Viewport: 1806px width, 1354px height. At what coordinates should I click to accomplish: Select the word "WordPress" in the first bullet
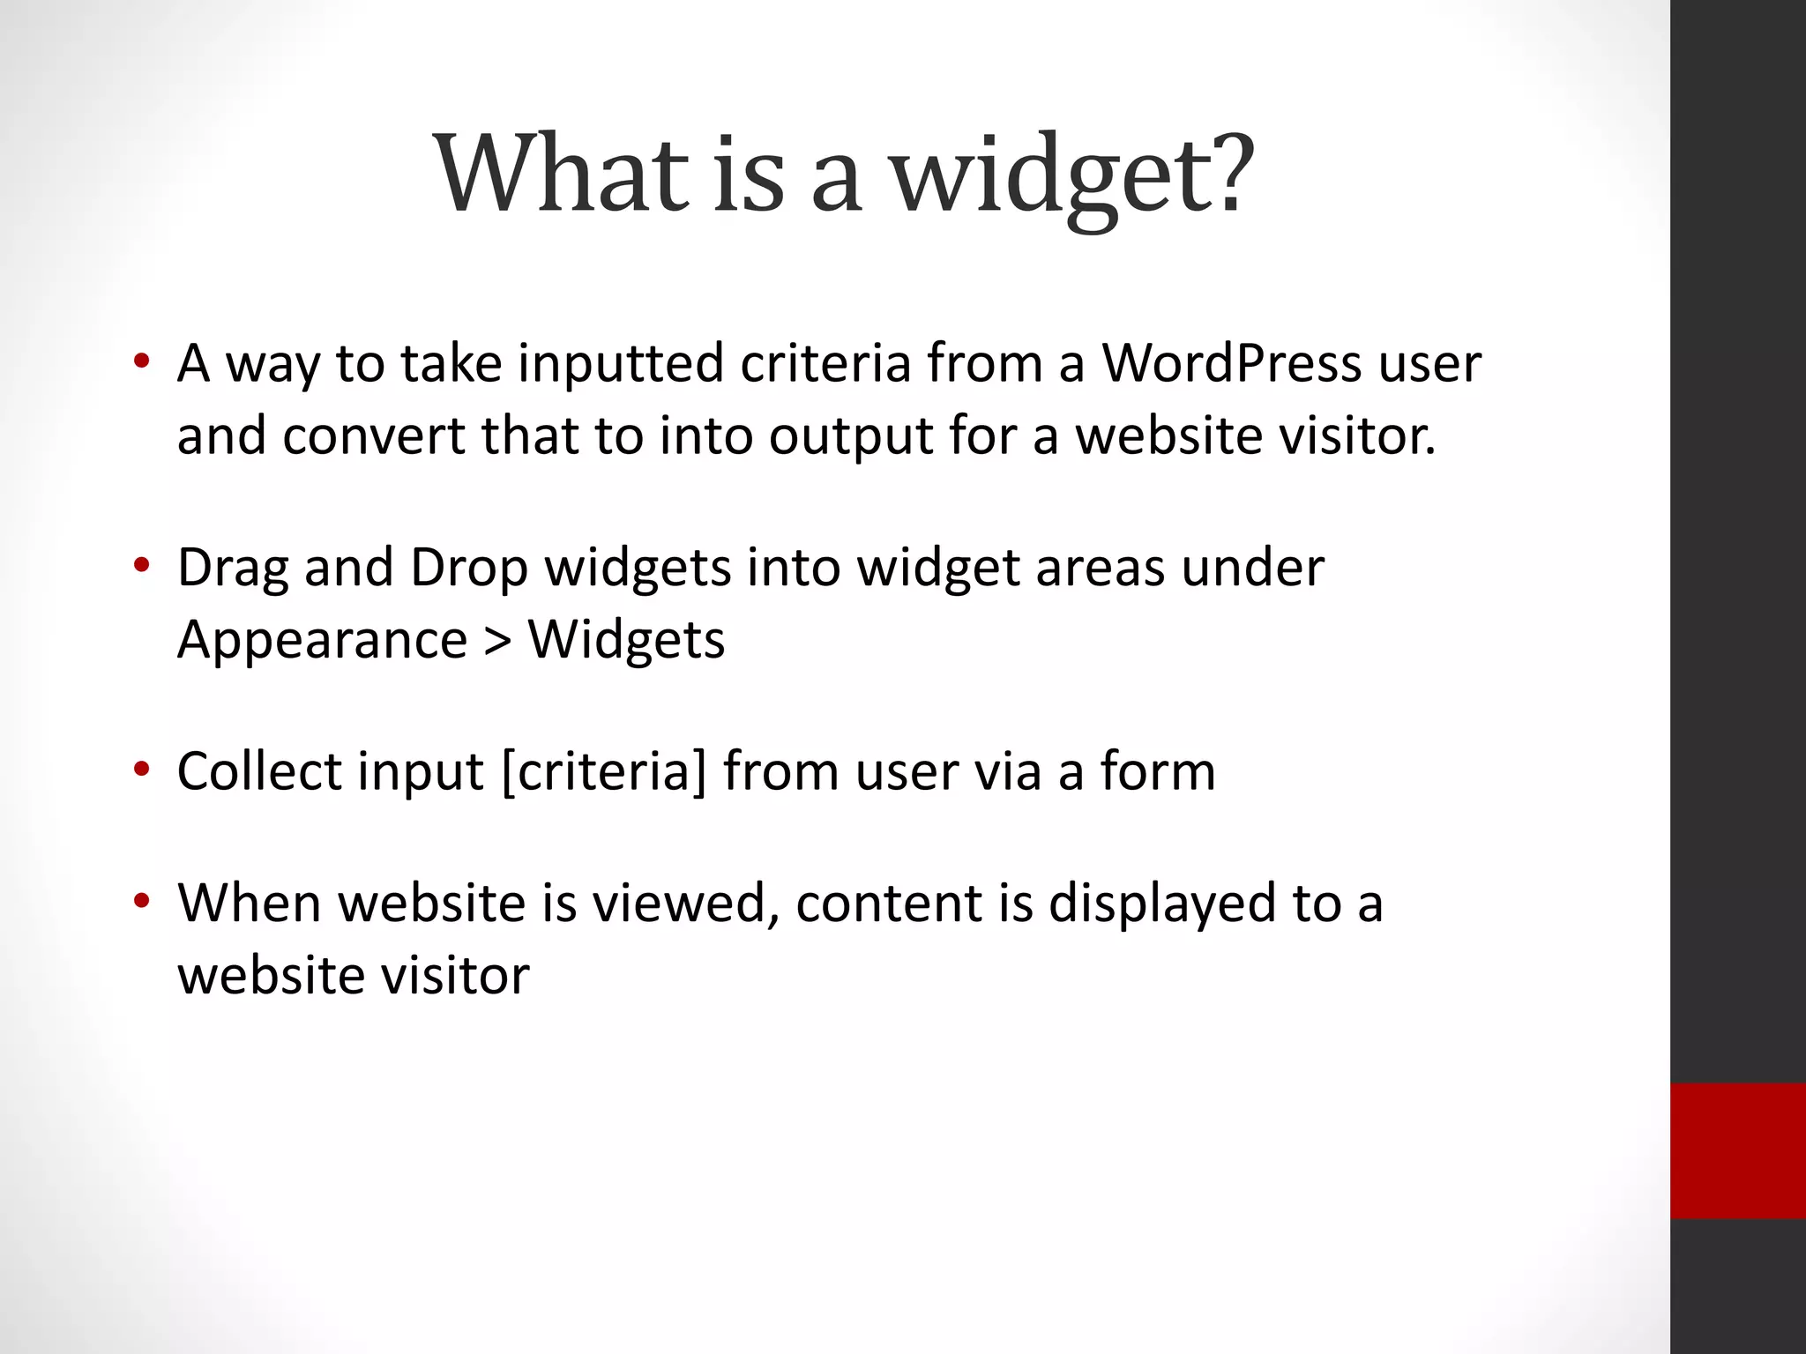[1231, 363]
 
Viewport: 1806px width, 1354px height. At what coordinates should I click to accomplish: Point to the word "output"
[850, 436]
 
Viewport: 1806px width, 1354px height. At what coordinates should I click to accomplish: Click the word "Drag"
[233, 568]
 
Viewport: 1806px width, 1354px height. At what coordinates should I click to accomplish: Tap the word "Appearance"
[322, 640]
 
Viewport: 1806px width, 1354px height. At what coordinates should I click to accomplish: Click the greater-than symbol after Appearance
[498, 641]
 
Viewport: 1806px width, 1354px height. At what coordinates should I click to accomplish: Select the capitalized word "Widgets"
[626, 640]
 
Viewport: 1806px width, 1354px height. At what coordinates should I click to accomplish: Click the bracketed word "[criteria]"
[604, 772]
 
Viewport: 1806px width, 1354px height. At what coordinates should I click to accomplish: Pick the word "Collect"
[259, 771]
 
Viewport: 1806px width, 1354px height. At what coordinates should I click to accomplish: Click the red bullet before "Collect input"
[141, 770]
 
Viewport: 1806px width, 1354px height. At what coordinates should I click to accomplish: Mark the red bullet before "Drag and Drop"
[141, 565]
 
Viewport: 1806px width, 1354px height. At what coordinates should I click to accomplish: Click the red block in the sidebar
[1737, 1150]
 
